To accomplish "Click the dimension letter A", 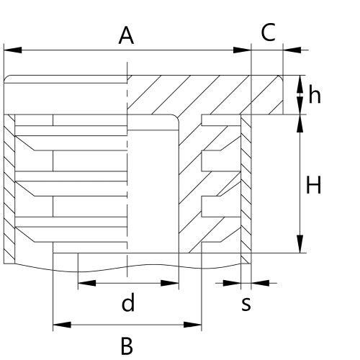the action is click(126, 35).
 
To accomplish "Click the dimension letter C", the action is click(268, 32).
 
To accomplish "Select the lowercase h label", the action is click(315, 94).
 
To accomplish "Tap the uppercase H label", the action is click(313, 184).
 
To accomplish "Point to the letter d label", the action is click(128, 302).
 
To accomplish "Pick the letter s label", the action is click(246, 305).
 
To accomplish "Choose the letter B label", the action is click(127, 346).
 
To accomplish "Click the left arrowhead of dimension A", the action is click(13, 50).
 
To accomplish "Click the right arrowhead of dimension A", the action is click(242, 50).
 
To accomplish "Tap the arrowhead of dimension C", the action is click(292, 50).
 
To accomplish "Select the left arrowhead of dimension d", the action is click(87, 283).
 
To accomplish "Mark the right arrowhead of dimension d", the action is click(170, 283).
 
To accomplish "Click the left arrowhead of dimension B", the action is click(62, 325).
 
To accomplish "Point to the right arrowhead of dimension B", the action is click(192, 325).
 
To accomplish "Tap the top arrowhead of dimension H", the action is click(300, 123).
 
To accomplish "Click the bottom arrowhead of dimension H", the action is click(300, 244).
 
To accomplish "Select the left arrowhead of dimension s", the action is click(232, 283).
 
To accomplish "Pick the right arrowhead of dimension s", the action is click(260, 283).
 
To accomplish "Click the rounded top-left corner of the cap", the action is click(6, 77).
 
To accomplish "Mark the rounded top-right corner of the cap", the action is click(281, 77).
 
